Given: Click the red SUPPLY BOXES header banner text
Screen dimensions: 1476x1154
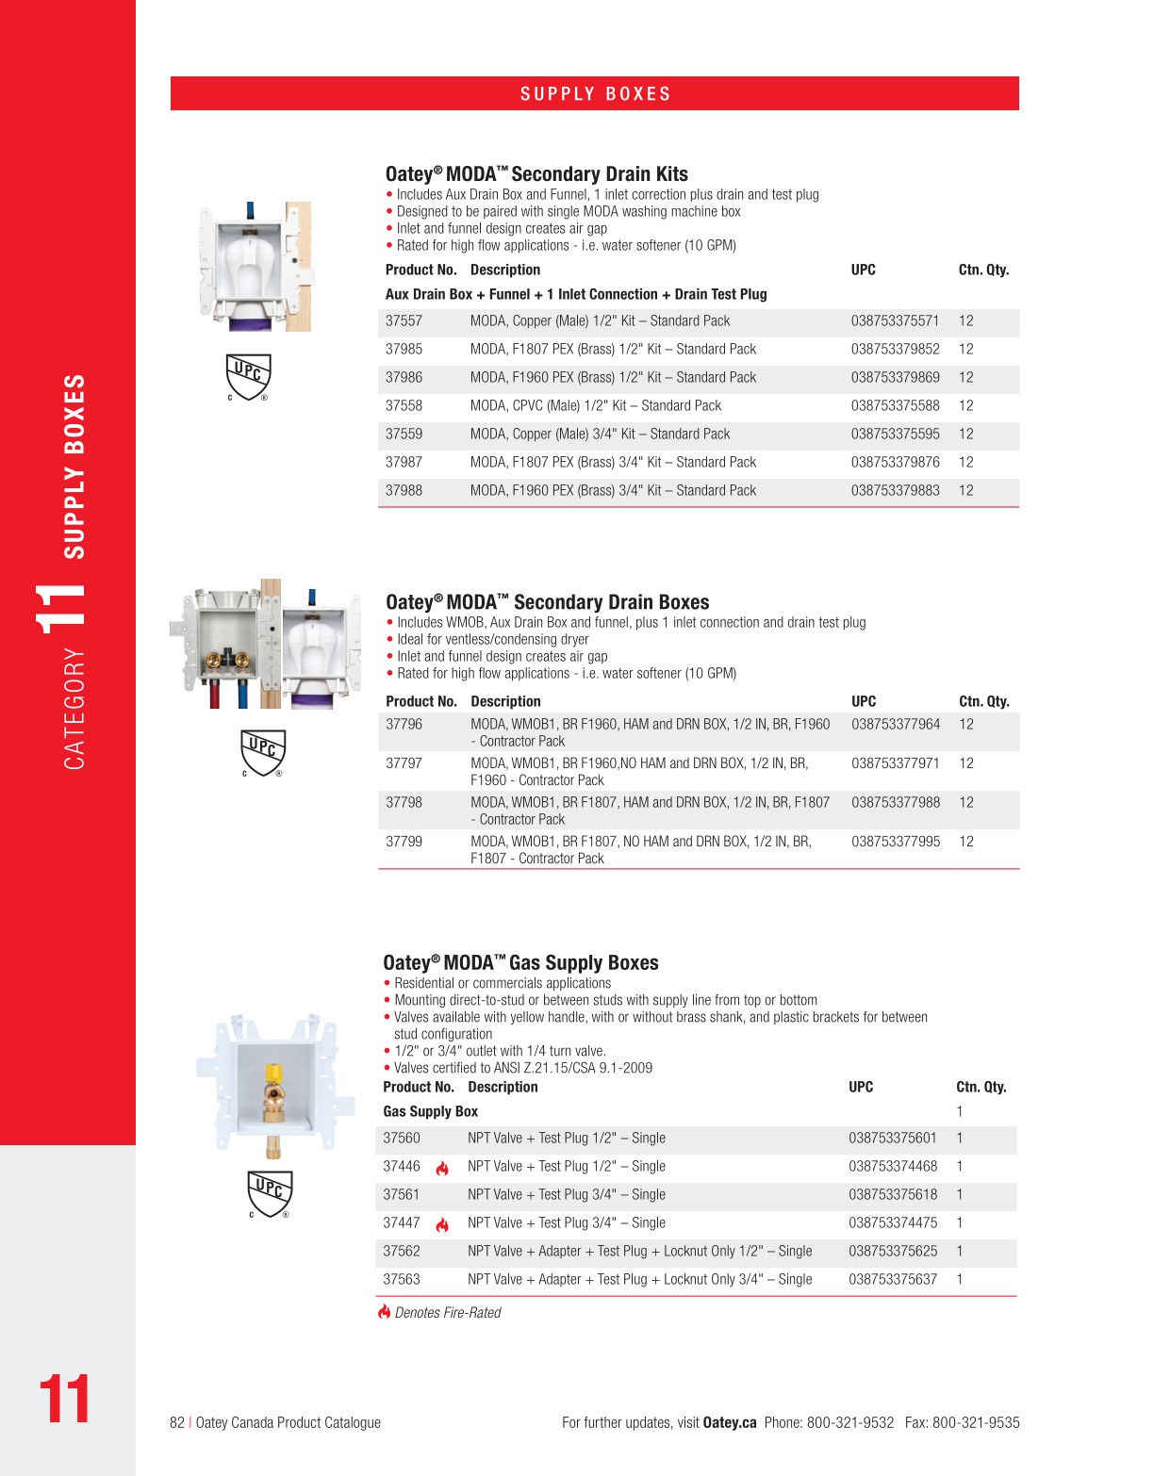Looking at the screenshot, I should pyautogui.click(x=595, y=94).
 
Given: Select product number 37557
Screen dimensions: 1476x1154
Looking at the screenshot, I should pyautogui.click(x=404, y=321).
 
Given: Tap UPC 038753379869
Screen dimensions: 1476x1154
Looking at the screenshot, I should pyautogui.click(x=895, y=378).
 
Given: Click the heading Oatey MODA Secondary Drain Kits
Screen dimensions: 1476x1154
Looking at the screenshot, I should pyautogui.click(x=536, y=174).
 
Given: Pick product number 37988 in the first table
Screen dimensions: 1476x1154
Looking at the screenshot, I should pyautogui.click(x=404, y=491).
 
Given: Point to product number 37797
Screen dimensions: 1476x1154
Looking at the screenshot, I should pyautogui.click(x=404, y=763).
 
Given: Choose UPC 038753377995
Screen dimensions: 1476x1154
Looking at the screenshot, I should pyautogui.click(x=896, y=842).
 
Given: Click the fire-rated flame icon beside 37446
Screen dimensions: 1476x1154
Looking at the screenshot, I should pyautogui.click(x=442, y=1169).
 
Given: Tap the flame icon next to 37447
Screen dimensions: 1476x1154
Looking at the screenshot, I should pyautogui.click(x=442, y=1225).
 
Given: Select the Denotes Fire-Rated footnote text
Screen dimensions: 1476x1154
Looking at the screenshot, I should pyautogui.click(x=448, y=1313).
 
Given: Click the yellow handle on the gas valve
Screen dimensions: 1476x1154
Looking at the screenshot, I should pyautogui.click(x=272, y=1074).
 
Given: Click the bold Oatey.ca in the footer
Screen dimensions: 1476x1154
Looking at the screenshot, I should pyautogui.click(x=730, y=1423).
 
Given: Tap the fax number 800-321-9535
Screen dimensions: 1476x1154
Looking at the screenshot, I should pyautogui.click(x=976, y=1423).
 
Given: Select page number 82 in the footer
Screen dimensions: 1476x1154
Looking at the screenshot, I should pyautogui.click(x=177, y=1423).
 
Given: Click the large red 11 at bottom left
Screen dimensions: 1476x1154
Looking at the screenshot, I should pyautogui.click(x=64, y=1400).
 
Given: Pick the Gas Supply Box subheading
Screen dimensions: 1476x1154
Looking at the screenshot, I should pyautogui.click(x=430, y=1112).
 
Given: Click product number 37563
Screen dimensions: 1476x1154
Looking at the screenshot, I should pyautogui.click(x=402, y=1280).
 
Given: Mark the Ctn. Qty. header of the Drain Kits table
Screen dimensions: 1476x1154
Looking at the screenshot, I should pyautogui.click(x=983, y=271).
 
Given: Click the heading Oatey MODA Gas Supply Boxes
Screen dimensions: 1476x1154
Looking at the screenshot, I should pyautogui.click(x=520, y=963).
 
